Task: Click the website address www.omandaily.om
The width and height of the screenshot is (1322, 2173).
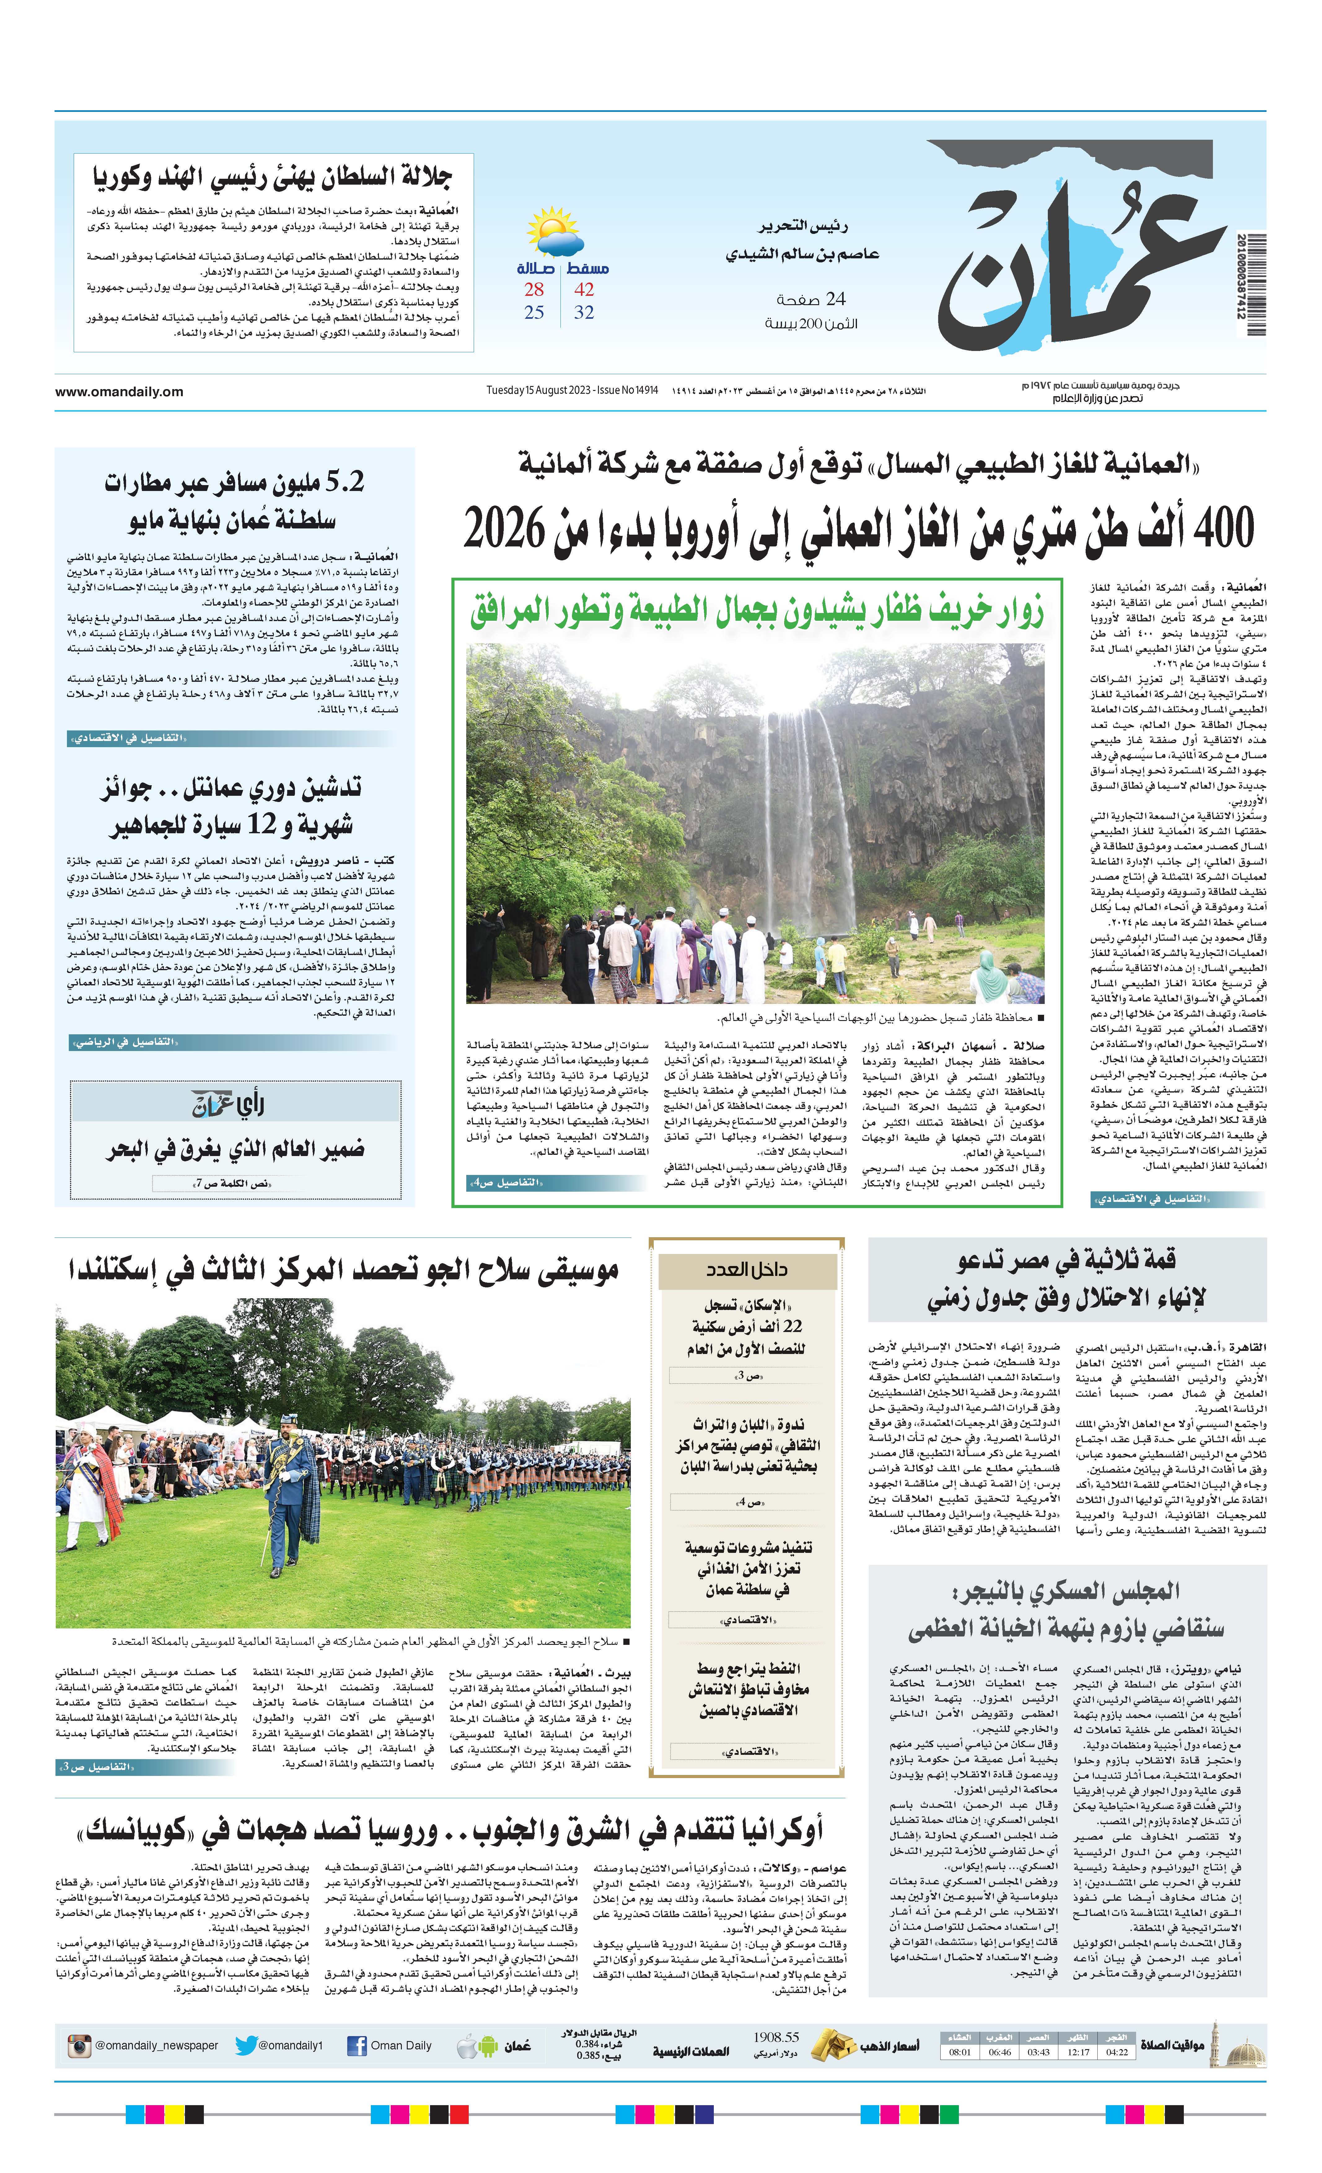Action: click(119, 392)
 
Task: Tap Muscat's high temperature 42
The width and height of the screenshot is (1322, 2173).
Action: click(584, 289)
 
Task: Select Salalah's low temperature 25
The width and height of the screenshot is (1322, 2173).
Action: click(534, 312)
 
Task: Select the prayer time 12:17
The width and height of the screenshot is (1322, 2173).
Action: click(1078, 2052)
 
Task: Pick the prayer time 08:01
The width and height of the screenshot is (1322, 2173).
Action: click(960, 2052)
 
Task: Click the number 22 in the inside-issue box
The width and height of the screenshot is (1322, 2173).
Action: click(792, 1326)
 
